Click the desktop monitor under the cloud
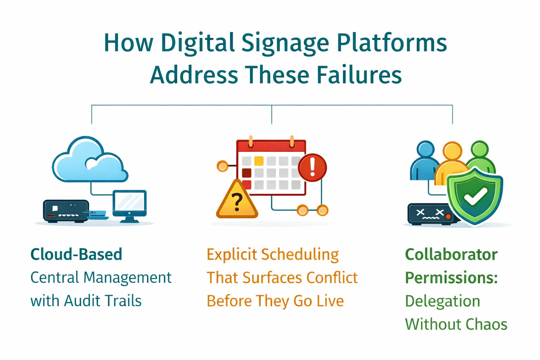coord(129,205)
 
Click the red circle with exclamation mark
coord(312,167)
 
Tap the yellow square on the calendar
coord(259,161)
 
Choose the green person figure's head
coord(480,149)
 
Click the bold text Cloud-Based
coord(76,255)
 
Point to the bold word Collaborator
coord(451,255)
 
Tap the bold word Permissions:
coord(451,278)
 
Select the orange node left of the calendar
coord(222,166)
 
